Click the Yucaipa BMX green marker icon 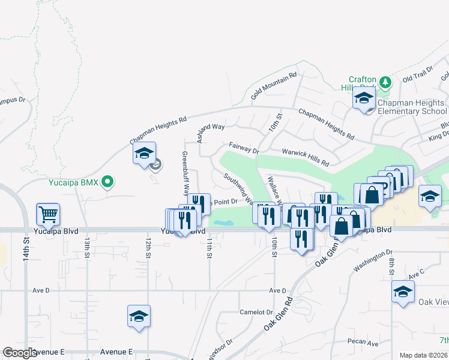click(x=108, y=181)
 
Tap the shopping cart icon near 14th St click(x=48, y=214)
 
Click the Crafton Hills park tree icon click(x=385, y=81)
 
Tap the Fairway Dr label click(x=243, y=148)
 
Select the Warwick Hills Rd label click(x=307, y=158)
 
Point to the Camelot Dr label click(x=256, y=312)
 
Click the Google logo click(x=20, y=353)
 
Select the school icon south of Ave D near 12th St click(x=139, y=316)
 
